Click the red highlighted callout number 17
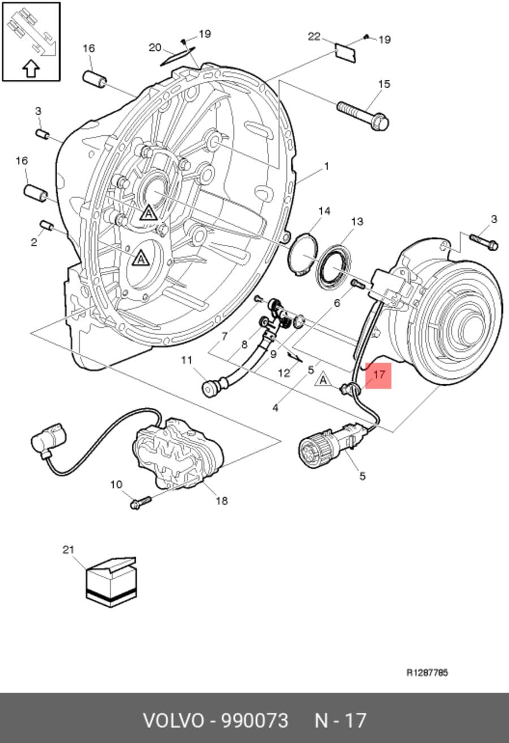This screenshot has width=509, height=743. (378, 375)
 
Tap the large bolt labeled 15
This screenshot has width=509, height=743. (363, 116)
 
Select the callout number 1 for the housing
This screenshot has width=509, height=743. (327, 166)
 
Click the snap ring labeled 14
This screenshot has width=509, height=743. (303, 254)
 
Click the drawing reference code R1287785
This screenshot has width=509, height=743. (427, 672)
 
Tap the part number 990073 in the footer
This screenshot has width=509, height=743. (255, 720)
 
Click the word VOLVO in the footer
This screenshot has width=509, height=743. (173, 720)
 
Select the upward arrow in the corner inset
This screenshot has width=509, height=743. (31, 68)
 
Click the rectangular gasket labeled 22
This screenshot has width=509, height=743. (345, 53)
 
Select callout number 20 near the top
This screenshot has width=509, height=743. (155, 48)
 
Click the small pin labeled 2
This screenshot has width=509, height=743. (47, 226)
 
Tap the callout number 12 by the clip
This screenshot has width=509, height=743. (284, 373)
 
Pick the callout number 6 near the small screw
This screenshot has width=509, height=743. (337, 303)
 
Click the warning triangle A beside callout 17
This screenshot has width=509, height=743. (323, 379)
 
